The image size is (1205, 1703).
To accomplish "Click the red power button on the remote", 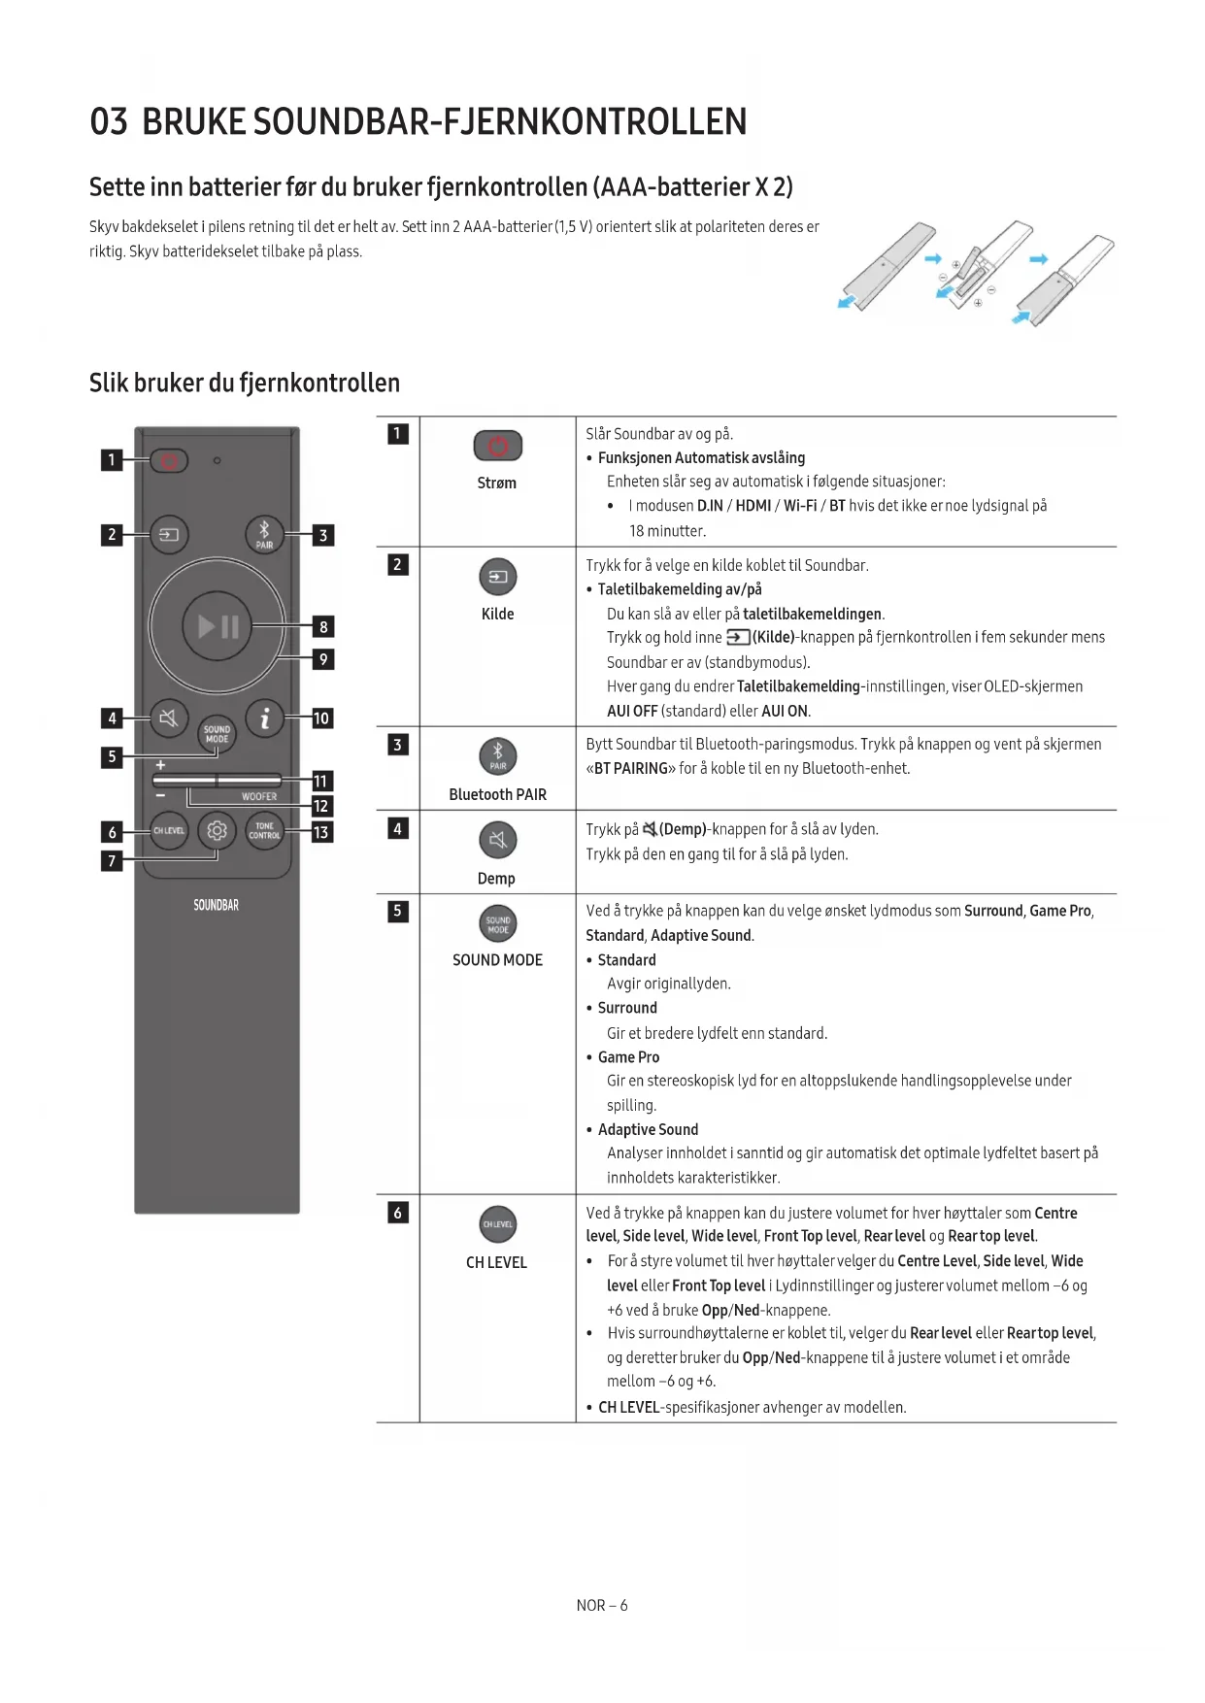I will [x=169, y=460].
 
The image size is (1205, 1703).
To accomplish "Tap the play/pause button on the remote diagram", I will [x=218, y=626].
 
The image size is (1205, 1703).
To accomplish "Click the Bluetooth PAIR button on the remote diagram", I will [x=264, y=533].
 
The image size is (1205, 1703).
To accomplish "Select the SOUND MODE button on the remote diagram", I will [x=217, y=734].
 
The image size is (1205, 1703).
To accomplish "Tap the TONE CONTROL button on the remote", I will [x=264, y=831].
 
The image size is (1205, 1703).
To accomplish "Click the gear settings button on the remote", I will [x=217, y=831].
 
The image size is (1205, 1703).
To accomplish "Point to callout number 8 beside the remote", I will [x=323, y=627].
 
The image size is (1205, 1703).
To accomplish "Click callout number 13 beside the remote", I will [x=321, y=832].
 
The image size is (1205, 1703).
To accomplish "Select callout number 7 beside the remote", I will [x=112, y=860].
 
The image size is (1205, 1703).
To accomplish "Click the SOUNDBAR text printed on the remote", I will [x=216, y=905].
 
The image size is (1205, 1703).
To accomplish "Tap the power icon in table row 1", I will [x=498, y=446].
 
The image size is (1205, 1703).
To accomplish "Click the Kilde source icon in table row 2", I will [x=498, y=578].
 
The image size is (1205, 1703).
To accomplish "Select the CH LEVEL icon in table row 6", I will [x=498, y=1224].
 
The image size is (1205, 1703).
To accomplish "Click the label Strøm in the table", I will [x=497, y=483].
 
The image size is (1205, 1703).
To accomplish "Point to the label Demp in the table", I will [x=496, y=879].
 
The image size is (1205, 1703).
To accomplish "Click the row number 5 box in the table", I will [x=397, y=911].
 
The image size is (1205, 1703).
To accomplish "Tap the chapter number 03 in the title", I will [x=109, y=122].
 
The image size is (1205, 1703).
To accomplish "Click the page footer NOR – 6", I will [x=602, y=1605].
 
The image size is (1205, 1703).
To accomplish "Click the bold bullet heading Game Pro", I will [x=628, y=1057].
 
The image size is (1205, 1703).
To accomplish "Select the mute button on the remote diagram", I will [x=169, y=718].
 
